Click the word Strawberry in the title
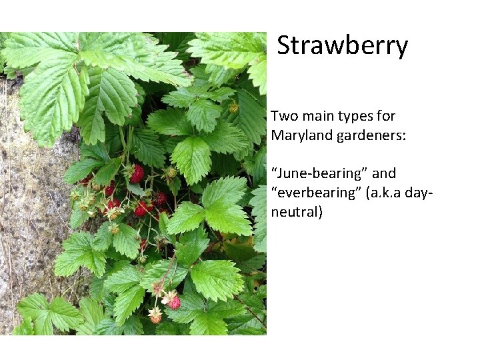[x=342, y=46]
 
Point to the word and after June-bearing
[x=384, y=173]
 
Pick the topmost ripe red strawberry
[x=137, y=173]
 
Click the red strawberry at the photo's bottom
[x=174, y=302]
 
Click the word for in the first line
[x=386, y=116]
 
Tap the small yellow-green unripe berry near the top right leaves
[x=233, y=107]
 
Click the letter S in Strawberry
[x=284, y=46]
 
